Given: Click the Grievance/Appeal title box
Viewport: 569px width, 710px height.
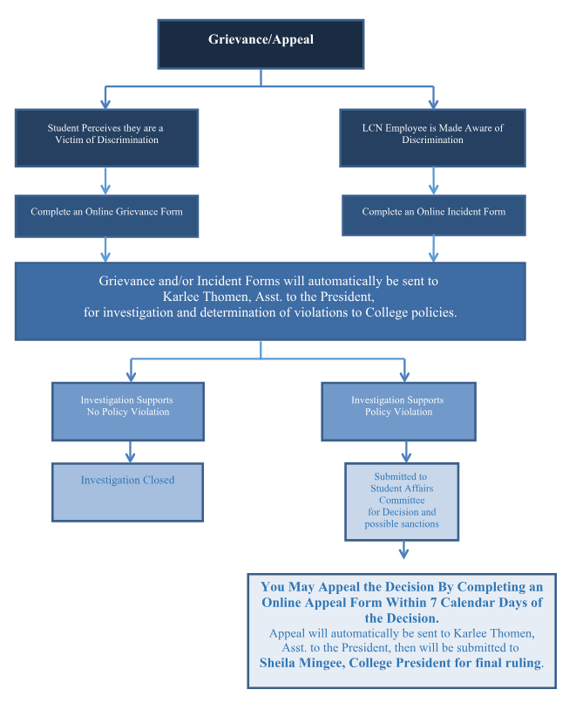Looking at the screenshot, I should coord(260,44).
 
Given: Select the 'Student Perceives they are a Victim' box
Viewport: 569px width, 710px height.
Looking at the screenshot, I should coord(105,136).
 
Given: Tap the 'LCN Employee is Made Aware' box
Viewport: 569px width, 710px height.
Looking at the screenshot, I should coord(432,136).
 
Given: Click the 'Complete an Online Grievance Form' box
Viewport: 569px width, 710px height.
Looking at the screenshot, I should coord(106,214).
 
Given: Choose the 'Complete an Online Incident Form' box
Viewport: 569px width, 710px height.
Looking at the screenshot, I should coord(433,214).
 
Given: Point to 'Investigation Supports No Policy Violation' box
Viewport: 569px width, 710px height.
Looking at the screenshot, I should coord(128,410).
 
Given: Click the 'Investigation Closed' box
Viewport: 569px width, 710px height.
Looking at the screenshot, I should coord(127,491).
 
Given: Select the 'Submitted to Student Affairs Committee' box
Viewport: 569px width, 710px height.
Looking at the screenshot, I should coord(401,501).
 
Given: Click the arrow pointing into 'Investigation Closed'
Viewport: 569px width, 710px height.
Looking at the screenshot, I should coord(130,452).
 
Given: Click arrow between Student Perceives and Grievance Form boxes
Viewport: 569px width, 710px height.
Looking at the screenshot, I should coord(105,181).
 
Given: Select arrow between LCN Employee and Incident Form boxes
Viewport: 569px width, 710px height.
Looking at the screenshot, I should coord(433,181).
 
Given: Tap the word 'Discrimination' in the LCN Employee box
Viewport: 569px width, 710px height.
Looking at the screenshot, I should coord(432,140).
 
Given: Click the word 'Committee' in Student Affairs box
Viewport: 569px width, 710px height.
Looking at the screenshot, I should coord(401,501).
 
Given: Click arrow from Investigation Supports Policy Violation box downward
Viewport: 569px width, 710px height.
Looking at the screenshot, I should coord(405,451).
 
